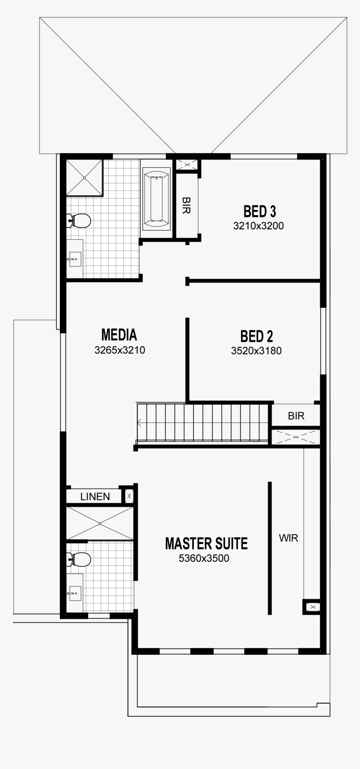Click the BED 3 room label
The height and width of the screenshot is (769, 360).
click(260, 211)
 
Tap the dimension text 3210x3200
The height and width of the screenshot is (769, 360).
click(258, 226)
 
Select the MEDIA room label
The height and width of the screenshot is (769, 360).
click(119, 335)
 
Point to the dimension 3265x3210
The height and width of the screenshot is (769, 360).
click(120, 350)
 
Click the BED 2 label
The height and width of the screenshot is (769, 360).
click(256, 336)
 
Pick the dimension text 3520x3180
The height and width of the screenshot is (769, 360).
click(256, 351)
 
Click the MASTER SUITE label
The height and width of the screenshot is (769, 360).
click(206, 543)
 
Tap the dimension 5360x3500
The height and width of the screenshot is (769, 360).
click(204, 558)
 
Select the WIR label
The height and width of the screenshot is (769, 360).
click(288, 538)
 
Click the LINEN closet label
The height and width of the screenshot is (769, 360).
click(95, 496)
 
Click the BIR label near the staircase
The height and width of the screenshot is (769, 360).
click(296, 416)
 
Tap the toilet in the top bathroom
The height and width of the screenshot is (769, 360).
click(80, 220)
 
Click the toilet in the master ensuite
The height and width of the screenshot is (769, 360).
click(80, 559)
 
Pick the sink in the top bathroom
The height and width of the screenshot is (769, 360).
click(75, 259)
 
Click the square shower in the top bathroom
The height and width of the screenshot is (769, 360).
click(84, 177)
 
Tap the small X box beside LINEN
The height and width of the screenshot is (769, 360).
click(129, 496)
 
